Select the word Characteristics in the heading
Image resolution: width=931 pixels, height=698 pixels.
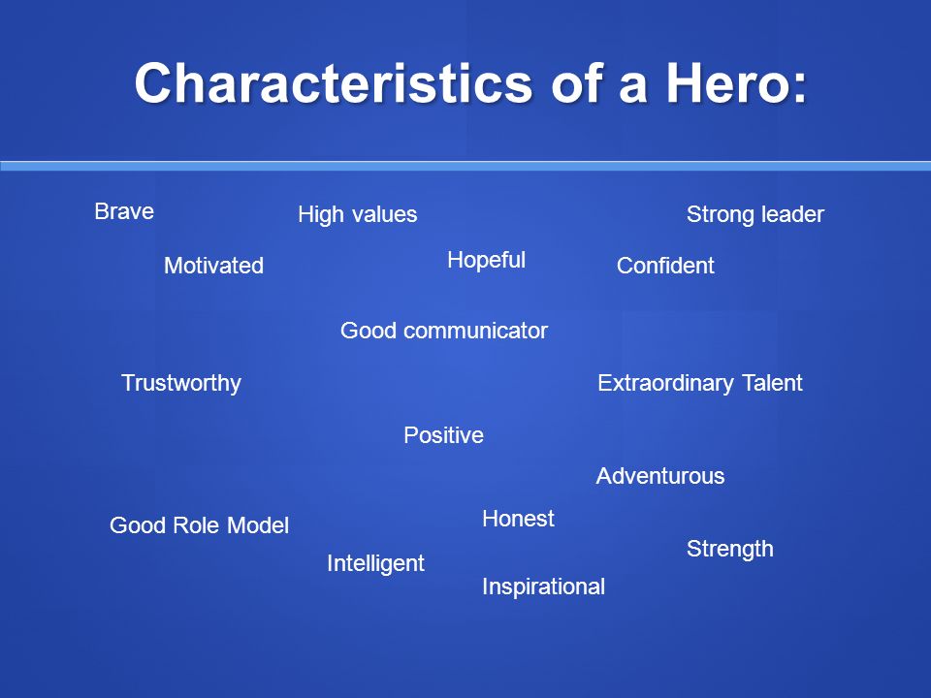tap(334, 82)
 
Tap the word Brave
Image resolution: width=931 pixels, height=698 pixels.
tap(124, 211)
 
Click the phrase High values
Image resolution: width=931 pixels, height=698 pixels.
tap(358, 214)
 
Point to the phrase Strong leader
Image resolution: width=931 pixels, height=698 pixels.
tap(755, 214)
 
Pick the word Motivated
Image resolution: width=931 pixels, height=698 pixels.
tap(213, 266)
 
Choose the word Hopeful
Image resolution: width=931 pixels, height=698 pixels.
tap(486, 260)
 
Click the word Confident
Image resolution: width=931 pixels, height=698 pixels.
tap(665, 266)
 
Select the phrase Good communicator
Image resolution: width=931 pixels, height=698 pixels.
tap(444, 331)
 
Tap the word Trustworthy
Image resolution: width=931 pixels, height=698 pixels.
tap(181, 384)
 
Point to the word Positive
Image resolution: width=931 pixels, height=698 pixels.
tap(443, 435)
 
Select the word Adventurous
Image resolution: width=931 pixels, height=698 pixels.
tap(660, 476)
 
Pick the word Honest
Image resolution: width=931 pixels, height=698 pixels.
tap(518, 518)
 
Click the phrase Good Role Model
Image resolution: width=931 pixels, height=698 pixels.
tap(200, 525)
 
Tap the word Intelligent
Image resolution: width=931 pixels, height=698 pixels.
tap(376, 563)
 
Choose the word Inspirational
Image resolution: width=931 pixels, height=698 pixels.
tap(543, 587)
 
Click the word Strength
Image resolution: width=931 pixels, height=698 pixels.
tap(729, 549)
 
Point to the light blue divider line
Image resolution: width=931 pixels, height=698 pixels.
tap(465, 166)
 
